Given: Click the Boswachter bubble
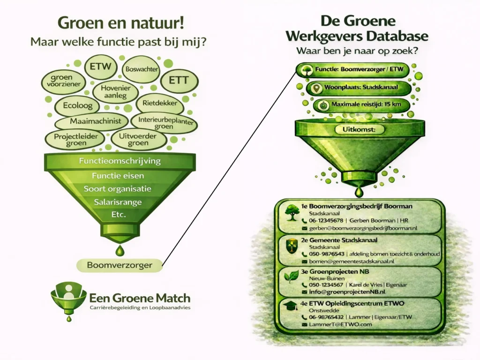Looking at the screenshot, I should point(141,70).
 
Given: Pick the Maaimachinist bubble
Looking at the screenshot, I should point(91,121).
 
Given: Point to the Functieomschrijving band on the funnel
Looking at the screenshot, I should point(120,161).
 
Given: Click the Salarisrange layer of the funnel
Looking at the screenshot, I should point(120,203).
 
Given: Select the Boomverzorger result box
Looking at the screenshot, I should point(120,265).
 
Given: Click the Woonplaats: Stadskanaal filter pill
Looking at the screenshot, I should point(359,89).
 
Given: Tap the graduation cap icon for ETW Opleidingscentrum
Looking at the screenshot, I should point(292,307).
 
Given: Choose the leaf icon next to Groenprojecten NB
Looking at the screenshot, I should point(292,277).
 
